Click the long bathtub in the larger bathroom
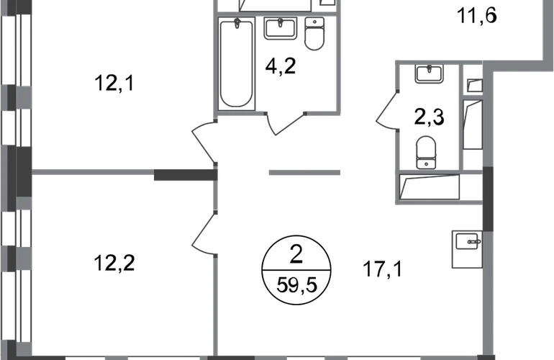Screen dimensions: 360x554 (x=237, y=65)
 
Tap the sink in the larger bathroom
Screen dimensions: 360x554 (x=281, y=31)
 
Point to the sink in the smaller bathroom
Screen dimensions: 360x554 (x=429, y=76)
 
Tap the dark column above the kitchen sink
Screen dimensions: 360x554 (x=488, y=198)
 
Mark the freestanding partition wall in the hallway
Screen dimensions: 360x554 (x=305, y=173)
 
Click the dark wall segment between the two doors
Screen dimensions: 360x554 (x=183, y=174)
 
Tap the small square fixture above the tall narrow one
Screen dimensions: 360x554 (x=473, y=84)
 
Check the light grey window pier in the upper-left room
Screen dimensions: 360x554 (x=23, y=96)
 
